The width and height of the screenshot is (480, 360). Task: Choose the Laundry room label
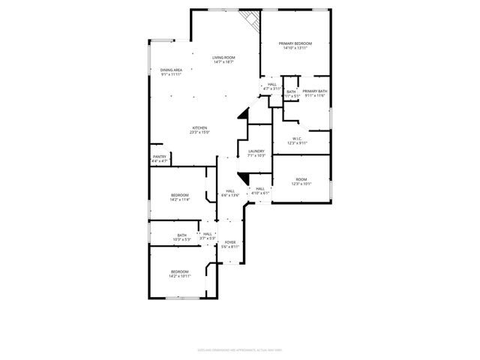tap(256, 153)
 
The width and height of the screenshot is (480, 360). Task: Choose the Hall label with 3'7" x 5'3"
tap(207, 236)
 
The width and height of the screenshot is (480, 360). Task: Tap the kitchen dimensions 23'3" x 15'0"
tap(199, 133)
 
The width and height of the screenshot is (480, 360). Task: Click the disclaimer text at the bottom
tap(239, 349)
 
